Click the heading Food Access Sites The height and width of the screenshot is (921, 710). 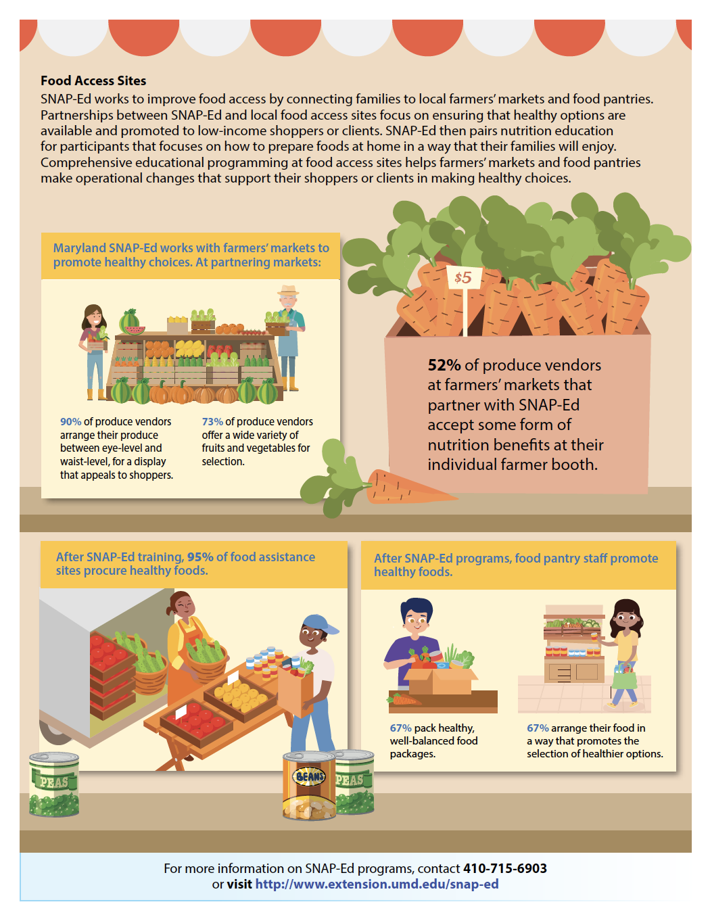point(93,80)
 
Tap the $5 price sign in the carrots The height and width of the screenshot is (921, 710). point(463,278)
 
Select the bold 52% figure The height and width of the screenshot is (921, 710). point(444,365)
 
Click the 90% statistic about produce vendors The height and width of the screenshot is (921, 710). point(70,422)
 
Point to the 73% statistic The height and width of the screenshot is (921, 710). point(212,422)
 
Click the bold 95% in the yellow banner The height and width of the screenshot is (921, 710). point(200,557)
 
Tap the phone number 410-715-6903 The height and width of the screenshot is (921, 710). point(504,868)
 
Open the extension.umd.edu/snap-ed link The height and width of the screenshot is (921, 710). point(377,884)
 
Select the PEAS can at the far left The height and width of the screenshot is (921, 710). point(54,784)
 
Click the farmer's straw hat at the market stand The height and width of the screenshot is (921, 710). point(288,291)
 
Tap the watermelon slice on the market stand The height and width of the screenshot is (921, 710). point(135,330)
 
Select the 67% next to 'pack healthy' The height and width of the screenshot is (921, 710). point(400,728)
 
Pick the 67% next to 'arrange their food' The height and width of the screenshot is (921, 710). point(538,728)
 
